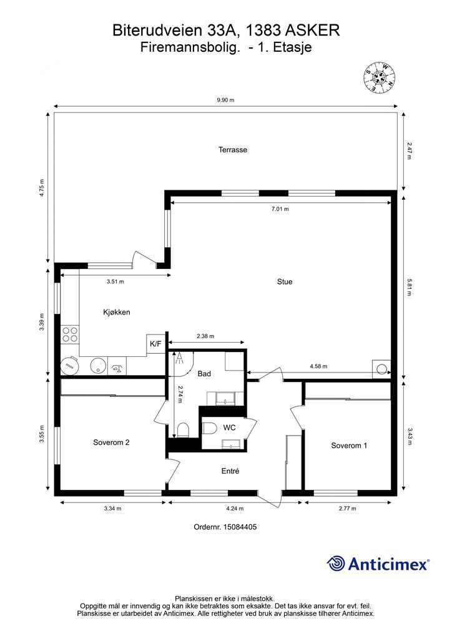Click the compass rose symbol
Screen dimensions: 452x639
point(380,77)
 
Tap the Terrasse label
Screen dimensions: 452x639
point(233,150)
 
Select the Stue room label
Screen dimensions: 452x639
point(285,281)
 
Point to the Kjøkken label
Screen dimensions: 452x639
point(117,313)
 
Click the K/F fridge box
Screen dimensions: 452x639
point(155,344)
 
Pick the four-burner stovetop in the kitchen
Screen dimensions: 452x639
point(70,334)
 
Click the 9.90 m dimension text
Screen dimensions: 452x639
point(225,100)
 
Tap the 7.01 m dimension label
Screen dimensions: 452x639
point(280,209)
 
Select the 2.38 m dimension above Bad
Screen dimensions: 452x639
point(205,336)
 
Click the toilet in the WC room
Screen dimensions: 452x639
point(210,428)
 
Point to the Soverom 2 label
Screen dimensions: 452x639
point(111,442)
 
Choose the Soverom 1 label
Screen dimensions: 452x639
point(349,446)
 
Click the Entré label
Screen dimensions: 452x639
point(230,471)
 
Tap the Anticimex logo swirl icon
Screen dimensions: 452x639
point(335,563)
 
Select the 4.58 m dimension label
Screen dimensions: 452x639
point(318,366)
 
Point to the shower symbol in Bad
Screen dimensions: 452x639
point(179,358)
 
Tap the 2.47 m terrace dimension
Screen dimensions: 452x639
point(409,151)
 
